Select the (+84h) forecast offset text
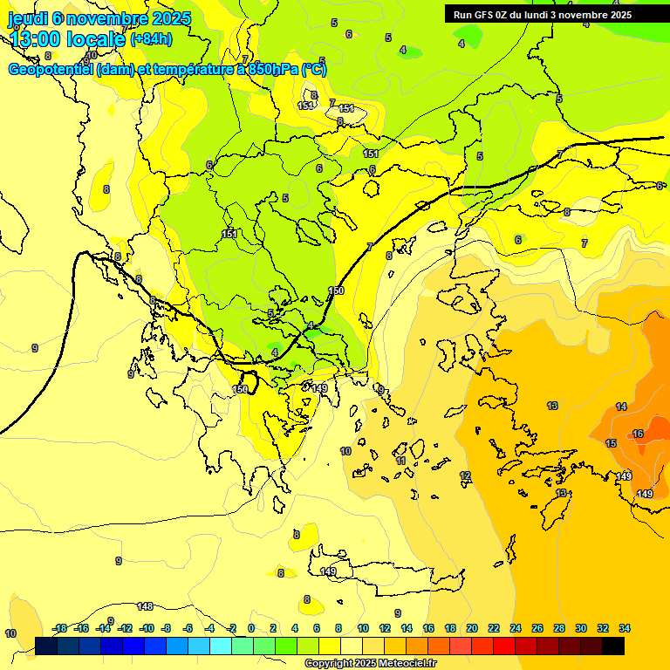coord(151,39)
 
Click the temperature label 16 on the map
coord(638,434)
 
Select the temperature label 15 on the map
coord(611,443)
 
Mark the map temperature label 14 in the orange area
coord(621,407)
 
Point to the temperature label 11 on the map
coord(400,460)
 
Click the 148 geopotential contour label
coord(145,605)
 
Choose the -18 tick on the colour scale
coord(60,628)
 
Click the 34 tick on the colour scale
coord(625,628)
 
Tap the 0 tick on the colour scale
coord(251,628)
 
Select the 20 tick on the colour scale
coord(472,628)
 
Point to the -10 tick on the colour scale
coord(147,628)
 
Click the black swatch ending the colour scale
coord(613,646)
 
